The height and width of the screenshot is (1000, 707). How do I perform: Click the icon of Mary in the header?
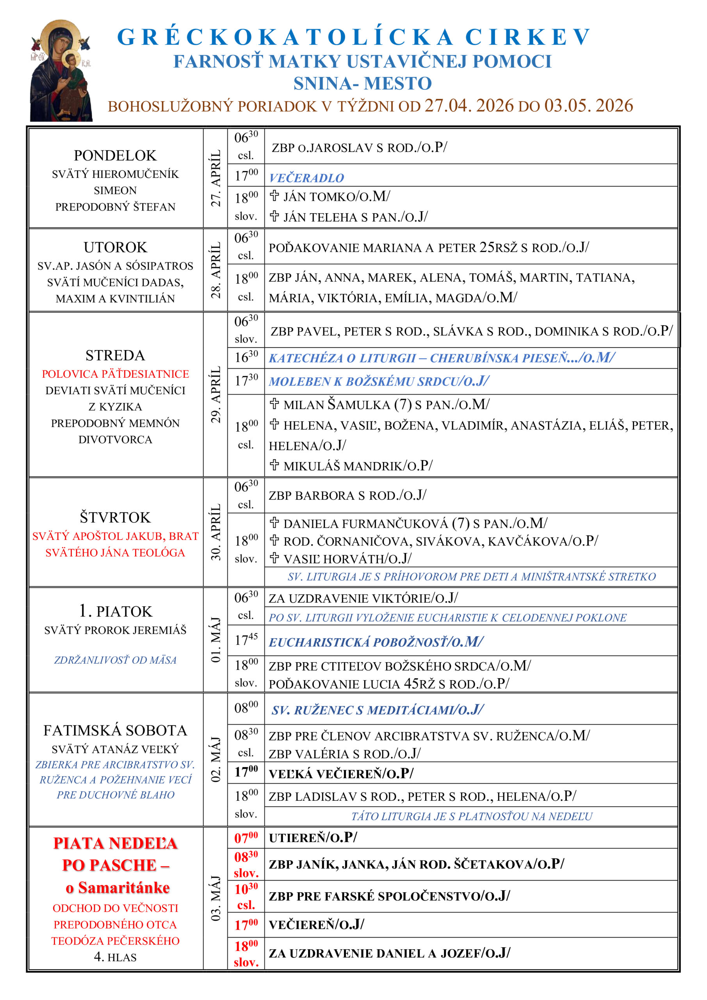point(61,71)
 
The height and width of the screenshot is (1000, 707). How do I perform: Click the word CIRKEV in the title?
point(528,37)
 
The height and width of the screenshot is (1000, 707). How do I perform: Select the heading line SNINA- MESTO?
point(362,83)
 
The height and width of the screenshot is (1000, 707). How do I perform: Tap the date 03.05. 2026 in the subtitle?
point(589,106)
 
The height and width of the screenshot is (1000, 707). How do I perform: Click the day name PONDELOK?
point(115,155)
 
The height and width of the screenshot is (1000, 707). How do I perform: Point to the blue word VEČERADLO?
point(306,178)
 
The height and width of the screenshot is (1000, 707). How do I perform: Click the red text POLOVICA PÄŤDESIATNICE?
point(116,374)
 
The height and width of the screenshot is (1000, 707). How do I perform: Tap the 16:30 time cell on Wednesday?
point(246,357)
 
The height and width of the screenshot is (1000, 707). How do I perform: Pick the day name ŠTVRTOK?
point(115,518)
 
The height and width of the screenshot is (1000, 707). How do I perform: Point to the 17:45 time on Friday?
point(246,640)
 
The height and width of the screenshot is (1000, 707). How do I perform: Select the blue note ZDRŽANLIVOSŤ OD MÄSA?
point(116,660)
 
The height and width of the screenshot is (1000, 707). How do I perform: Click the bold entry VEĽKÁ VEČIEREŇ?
point(341,773)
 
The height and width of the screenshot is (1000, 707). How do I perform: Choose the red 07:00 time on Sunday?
point(246,837)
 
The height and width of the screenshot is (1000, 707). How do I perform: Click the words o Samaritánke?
point(118,887)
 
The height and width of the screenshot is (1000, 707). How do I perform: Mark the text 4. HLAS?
point(116,957)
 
